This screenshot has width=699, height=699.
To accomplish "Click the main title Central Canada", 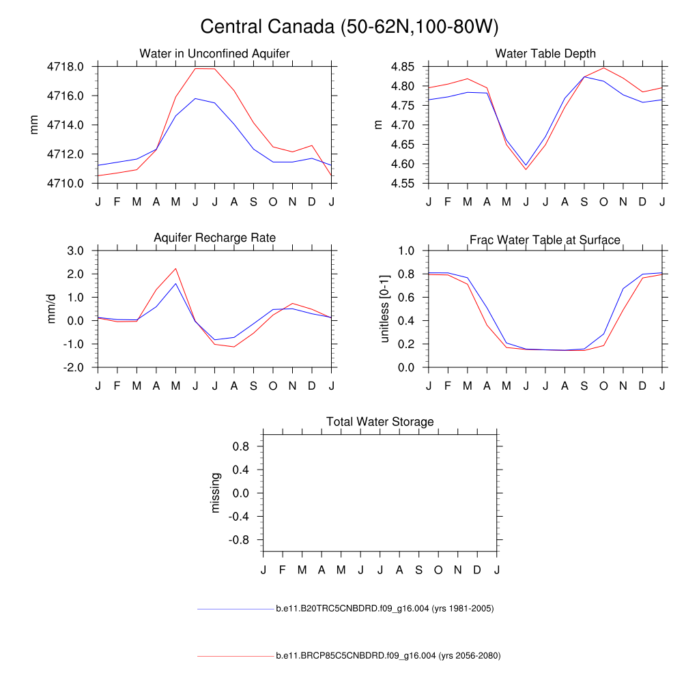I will click(349, 27).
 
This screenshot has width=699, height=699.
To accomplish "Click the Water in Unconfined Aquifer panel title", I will click(214, 53).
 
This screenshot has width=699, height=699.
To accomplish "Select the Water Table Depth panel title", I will click(545, 53).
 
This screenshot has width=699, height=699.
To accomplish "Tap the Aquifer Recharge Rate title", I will click(214, 238).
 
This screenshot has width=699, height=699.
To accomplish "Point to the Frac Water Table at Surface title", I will click(545, 240).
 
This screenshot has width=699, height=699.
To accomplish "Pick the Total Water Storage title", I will click(380, 422).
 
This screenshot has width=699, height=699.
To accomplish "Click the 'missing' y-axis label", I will click(216, 493).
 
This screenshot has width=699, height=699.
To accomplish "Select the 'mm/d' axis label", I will click(52, 309).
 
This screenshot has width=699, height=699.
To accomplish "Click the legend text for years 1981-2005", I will click(384, 608).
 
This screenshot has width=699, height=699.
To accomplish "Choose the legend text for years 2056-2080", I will click(388, 656).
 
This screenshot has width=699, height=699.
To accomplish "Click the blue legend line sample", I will click(235, 608).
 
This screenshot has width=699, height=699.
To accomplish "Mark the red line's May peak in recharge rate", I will click(175, 268).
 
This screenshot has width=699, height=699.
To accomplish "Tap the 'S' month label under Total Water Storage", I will click(418, 570).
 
